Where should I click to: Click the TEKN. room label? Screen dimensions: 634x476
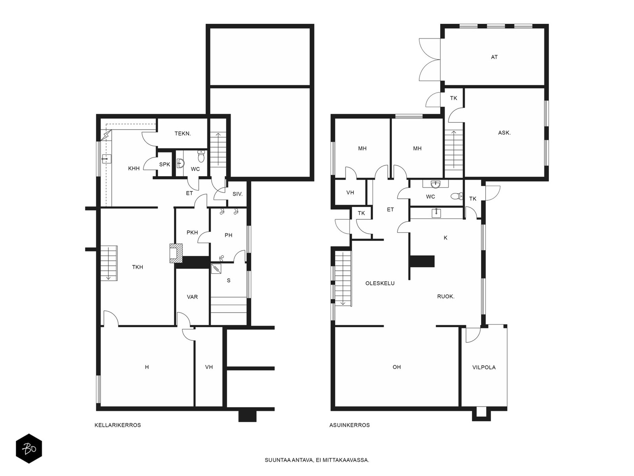(x=183, y=134)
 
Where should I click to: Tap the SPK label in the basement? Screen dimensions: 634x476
(x=164, y=165)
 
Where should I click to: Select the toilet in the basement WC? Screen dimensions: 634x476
(x=201, y=156)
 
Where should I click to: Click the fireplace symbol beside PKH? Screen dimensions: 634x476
(x=176, y=253)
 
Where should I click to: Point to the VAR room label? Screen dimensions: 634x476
(x=192, y=297)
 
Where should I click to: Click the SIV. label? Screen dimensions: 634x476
(x=237, y=194)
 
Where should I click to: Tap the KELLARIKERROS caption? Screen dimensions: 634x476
(x=118, y=425)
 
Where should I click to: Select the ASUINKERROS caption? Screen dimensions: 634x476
(x=349, y=425)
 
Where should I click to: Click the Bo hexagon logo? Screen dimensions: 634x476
(x=29, y=449)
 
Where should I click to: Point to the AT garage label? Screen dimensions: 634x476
(x=494, y=57)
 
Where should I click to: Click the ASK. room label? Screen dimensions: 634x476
(x=504, y=133)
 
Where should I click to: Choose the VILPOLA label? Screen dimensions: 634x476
(x=484, y=367)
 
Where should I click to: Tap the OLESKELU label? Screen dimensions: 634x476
(x=380, y=283)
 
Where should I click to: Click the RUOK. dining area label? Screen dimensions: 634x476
(x=446, y=297)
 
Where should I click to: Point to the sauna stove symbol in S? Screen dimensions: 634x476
(x=216, y=269)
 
